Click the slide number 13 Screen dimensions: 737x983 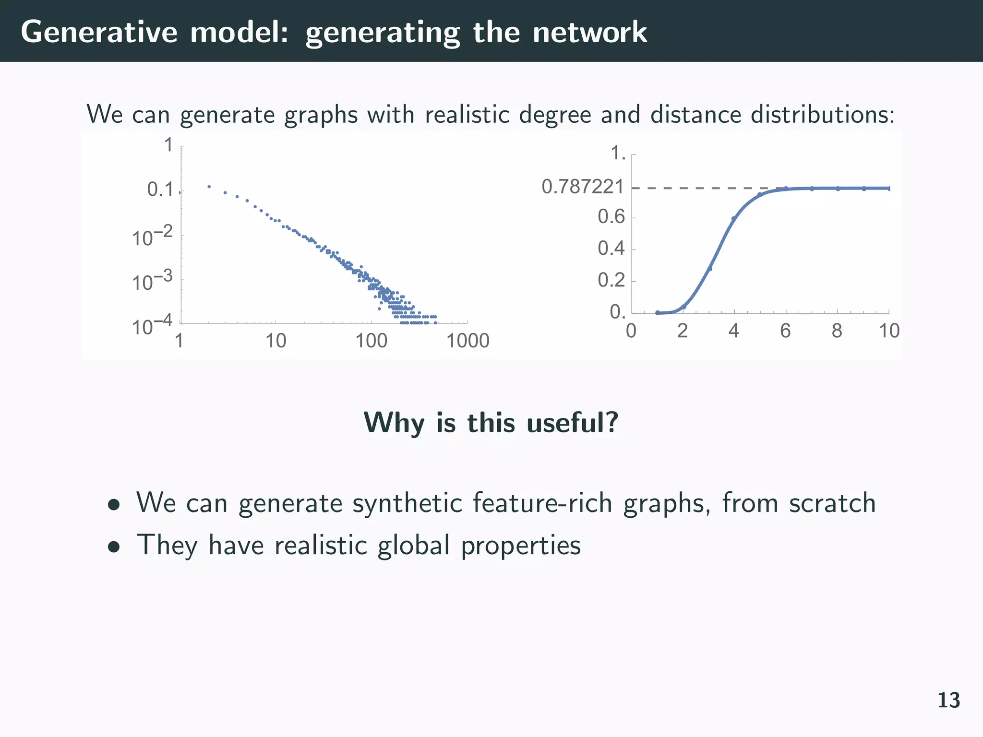pyautogui.click(x=948, y=701)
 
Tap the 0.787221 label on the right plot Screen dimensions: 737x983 pyautogui.click(x=582, y=187)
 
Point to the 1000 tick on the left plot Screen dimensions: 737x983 pyautogui.click(x=468, y=341)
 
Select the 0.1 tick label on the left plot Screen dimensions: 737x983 pyautogui.click(x=160, y=190)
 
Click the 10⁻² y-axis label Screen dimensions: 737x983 pyautogui.click(x=152, y=237)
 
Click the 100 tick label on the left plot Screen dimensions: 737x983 pyautogui.click(x=371, y=341)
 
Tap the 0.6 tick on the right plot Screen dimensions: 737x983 pyautogui.click(x=611, y=217)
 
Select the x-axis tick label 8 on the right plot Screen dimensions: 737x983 pyautogui.click(x=837, y=331)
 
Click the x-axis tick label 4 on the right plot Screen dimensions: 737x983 pyautogui.click(x=733, y=331)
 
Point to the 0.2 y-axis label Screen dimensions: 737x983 pyautogui.click(x=611, y=280)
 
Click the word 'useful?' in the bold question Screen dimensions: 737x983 pyautogui.click(x=572, y=423)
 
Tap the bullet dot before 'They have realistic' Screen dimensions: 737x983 pyautogui.click(x=114, y=547)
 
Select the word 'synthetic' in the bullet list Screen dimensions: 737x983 pyautogui.click(x=407, y=503)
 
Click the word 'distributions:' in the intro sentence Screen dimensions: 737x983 pyautogui.click(x=820, y=115)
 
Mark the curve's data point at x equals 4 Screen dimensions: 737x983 pyautogui.click(x=733, y=219)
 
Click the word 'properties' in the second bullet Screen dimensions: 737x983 pyautogui.click(x=521, y=546)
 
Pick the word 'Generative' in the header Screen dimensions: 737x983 pyautogui.click(x=99, y=33)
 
